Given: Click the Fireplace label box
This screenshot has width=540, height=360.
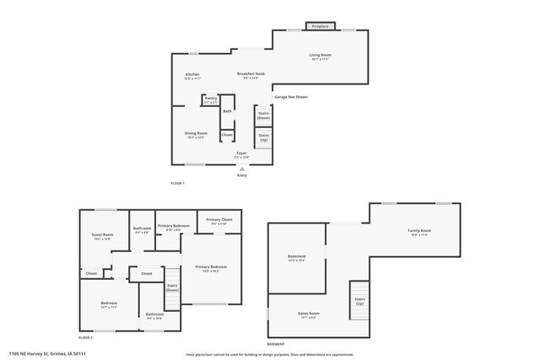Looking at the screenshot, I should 321,26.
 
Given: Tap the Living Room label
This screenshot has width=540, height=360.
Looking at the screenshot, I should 320,56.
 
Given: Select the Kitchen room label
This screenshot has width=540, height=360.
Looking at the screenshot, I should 192,76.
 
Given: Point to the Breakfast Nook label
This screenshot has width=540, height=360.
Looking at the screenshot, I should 251,76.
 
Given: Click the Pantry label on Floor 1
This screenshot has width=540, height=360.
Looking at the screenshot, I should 210,99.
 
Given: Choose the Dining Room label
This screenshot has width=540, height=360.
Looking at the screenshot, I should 196,134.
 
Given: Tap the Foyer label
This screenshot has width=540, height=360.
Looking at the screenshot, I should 241,154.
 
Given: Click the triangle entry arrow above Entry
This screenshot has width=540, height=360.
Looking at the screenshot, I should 242,169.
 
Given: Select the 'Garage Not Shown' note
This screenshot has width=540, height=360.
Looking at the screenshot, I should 291,97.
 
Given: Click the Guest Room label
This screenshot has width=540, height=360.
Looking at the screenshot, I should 101,237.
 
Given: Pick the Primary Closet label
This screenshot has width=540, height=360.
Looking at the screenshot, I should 220,222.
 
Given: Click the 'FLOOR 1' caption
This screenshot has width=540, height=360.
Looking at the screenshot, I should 177,183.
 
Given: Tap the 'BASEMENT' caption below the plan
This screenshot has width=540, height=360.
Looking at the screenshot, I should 276,344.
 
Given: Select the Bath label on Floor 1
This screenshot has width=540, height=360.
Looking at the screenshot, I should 227,111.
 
